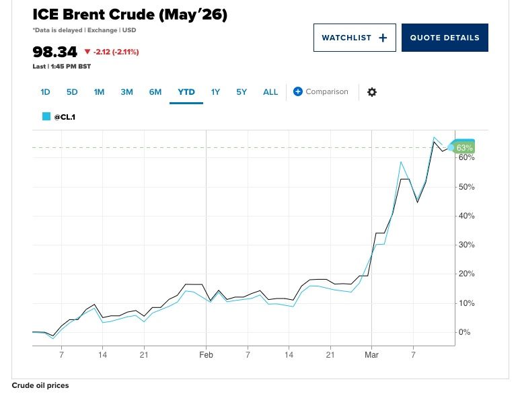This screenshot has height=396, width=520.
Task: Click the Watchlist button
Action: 355,38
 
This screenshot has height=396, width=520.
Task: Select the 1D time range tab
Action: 45,92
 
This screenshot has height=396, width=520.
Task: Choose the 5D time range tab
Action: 72,92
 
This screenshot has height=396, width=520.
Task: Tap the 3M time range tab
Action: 126,92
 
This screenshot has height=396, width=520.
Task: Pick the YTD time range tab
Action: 186,92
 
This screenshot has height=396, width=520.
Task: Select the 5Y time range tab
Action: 242,92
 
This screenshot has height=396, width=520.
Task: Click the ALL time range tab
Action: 270,92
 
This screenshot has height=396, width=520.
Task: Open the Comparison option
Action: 321,91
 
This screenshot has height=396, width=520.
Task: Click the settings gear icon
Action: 371,92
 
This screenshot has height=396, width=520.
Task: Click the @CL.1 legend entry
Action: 64,116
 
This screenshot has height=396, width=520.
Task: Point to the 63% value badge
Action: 464,147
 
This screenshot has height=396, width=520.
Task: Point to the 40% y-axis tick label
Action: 467,216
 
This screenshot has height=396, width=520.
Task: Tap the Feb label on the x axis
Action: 206,354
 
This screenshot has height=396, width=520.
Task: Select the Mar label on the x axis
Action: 372,354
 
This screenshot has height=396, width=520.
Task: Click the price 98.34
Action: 55,52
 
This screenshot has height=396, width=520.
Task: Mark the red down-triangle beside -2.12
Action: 87,52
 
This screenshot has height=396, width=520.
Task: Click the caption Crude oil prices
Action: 40,386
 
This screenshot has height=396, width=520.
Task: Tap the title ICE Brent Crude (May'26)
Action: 130,15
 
